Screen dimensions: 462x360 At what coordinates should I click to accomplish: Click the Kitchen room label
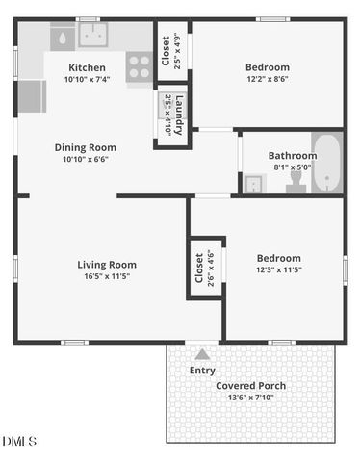[88, 67]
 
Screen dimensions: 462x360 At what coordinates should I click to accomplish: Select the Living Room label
[107, 265]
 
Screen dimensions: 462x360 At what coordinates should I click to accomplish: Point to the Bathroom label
[293, 155]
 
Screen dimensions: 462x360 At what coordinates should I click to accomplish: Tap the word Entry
[202, 370]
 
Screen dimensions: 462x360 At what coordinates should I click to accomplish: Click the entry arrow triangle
[202, 354]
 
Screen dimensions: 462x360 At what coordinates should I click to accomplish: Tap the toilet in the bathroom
[296, 181]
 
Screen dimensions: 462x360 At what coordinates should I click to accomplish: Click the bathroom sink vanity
[255, 183]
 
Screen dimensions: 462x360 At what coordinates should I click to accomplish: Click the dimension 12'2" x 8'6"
[267, 79]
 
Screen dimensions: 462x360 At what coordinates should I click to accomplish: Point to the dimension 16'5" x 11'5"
[107, 276]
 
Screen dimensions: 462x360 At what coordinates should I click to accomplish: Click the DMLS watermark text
[19, 442]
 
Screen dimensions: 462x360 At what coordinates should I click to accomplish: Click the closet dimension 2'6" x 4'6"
[211, 269]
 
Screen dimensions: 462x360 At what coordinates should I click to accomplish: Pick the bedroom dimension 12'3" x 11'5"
[278, 270]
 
